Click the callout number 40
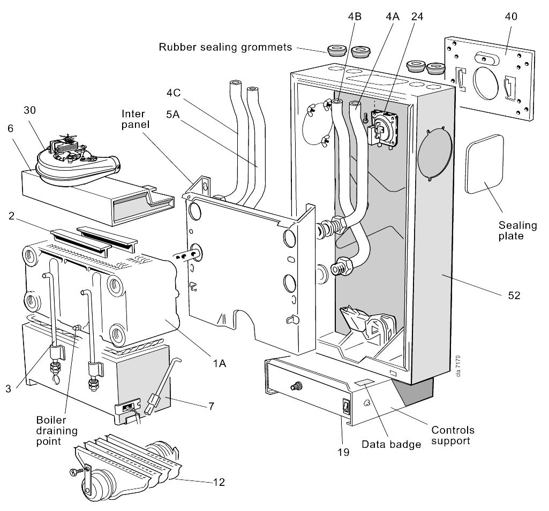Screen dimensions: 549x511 [511, 17]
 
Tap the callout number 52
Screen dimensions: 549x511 [514, 295]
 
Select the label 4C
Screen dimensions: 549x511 [174, 93]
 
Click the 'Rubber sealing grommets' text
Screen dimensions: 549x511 [225, 47]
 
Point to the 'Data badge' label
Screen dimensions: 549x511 [391, 445]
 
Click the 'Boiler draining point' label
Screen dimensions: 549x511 [57, 431]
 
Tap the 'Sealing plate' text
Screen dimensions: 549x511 [517, 231]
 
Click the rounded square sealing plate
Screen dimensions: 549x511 [485, 164]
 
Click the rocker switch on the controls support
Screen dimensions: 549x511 [346, 407]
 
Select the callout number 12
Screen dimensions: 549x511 [219, 482]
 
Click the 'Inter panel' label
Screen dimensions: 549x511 [136, 119]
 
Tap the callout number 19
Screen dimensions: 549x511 [343, 452]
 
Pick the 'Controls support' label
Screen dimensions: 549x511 [453, 435]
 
